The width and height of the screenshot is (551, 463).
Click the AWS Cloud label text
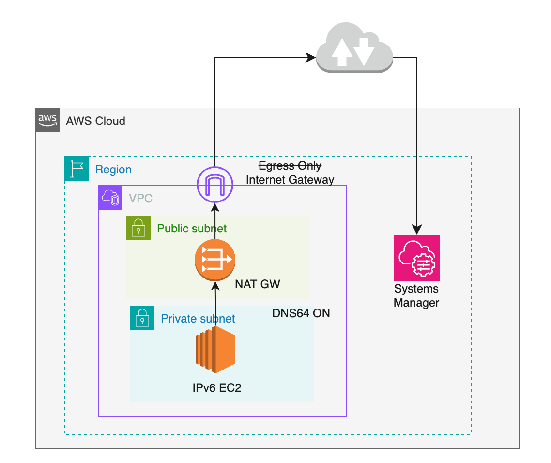pyautogui.click(x=95, y=121)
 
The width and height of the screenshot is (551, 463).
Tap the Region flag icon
pyautogui.click(x=77, y=169)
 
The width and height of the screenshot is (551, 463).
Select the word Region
pyautogui.click(x=113, y=170)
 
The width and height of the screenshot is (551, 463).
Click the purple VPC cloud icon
pyautogui.click(x=110, y=198)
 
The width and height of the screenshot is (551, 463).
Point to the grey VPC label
pyautogui.click(x=140, y=198)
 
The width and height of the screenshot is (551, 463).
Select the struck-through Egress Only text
pyautogui.click(x=290, y=166)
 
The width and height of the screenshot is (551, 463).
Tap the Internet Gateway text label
pyautogui.click(x=290, y=180)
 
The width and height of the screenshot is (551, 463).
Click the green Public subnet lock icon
pyautogui.click(x=138, y=228)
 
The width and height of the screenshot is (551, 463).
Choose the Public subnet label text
pyautogui.click(x=192, y=228)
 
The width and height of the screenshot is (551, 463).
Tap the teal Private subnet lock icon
pyautogui.click(x=142, y=318)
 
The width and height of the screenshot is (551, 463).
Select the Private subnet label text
pyautogui.click(x=198, y=318)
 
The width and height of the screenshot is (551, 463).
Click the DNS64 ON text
pyautogui.click(x=301, y=313)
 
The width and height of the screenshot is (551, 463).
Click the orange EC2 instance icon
pyautogui.click(x=215, y=350)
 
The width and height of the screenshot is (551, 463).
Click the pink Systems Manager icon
pyautogui.click(x=416, y=258)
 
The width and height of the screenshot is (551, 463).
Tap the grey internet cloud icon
pyautogui.click(x=354, y=49)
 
